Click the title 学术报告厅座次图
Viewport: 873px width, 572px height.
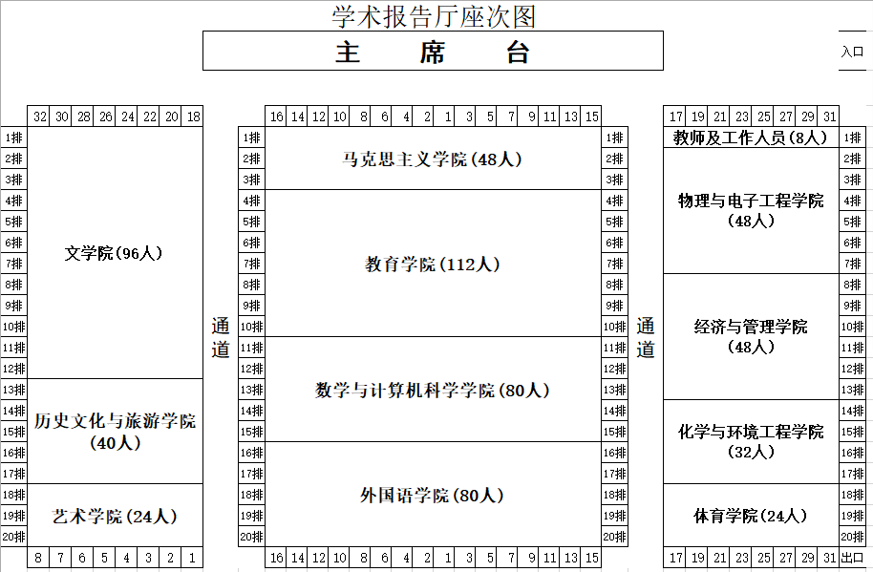434,16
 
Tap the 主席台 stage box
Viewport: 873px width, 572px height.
433,51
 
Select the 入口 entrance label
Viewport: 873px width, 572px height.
852,52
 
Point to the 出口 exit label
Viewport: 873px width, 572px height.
852,557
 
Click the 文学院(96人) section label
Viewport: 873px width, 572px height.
114,253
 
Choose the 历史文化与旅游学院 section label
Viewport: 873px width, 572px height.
115,421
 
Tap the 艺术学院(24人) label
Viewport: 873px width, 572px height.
114,516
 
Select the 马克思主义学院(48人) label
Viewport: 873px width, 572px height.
432,159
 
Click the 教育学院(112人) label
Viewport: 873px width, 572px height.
432,264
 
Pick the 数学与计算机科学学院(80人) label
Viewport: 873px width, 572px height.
432,390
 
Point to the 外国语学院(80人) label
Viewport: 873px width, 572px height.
432,495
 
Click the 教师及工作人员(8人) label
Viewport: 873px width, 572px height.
750,138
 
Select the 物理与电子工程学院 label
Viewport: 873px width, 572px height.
751,201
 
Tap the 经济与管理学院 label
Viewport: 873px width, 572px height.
751,327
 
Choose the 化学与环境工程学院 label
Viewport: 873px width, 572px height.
751,432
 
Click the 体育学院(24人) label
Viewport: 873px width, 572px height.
750,516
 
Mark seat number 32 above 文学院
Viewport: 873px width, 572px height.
39,117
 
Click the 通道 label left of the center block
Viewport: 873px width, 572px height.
221,337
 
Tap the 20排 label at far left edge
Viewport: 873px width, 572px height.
13,537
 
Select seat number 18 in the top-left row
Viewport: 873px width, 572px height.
193,117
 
